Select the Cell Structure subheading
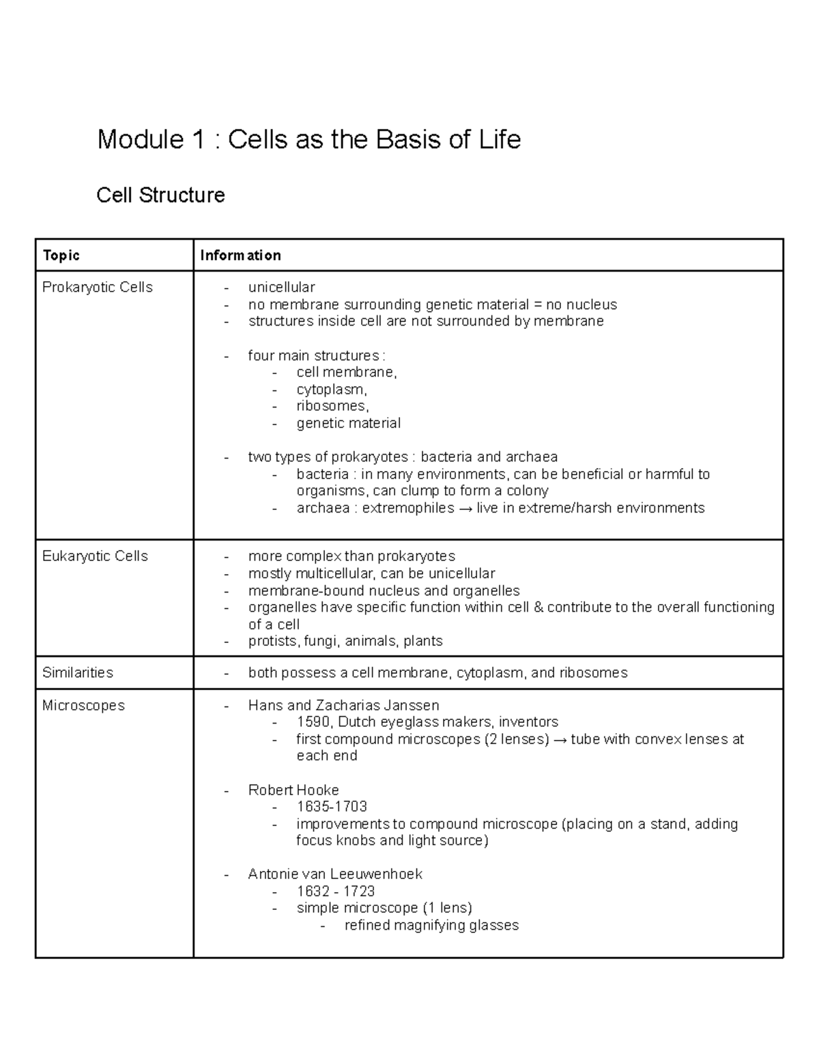pos(160,195)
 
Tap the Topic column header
pos(61,255)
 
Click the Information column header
pos(240,255)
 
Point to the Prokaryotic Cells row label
pos(97,287)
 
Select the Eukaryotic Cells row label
pos(95,556)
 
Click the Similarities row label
pos(77,672)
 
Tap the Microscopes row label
pos(83,705)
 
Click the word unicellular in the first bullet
pos(281,287)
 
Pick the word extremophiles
pos(407,508)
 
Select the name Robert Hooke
pos(293,790)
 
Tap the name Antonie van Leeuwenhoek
pos(335,874)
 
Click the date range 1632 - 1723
pos(335,891)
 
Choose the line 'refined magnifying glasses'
pos(431,926)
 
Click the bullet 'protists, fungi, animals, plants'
pos(345,641)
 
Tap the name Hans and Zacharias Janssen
pos(343,705)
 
